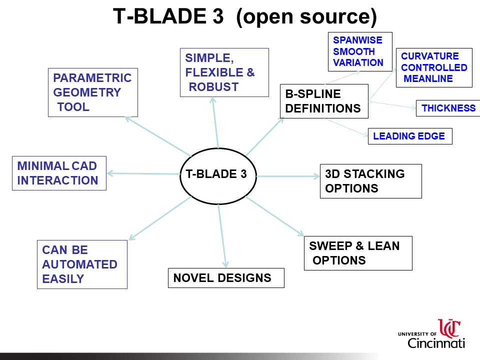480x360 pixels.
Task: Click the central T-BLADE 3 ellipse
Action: click(218, 175)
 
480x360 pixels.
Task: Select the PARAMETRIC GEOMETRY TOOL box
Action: click(92, 92)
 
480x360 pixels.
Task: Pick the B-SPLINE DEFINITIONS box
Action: click(324, 101)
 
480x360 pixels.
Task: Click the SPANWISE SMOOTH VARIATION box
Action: click(360, 51)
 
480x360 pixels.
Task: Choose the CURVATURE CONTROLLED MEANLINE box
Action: click(434, 67)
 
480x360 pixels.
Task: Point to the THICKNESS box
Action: click(448, 108)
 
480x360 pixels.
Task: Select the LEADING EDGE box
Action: click(409, 136)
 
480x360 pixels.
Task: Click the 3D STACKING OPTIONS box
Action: click(370, 181)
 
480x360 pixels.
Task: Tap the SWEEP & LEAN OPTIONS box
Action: click(358, 253)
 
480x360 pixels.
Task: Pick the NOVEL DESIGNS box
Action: click(225, 278)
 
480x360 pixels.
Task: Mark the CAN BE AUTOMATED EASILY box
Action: click(82, 264)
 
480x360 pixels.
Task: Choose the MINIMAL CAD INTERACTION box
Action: click(59, 173)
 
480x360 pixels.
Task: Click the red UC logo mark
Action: click(449, 328)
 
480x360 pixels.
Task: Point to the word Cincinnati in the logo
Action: click(436, 343)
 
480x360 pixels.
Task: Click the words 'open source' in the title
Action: click(306, 17)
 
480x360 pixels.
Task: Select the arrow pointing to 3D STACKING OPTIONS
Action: click(287, 176)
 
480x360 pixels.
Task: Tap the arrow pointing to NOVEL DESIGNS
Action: click(222, 235)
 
